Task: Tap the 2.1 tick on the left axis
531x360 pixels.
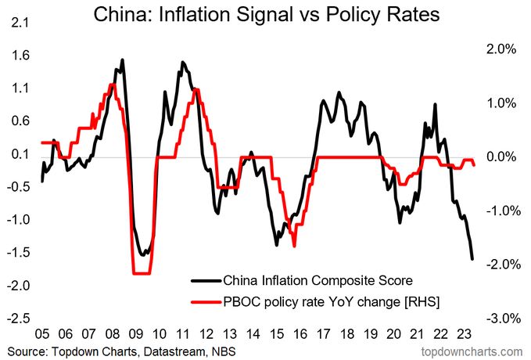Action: pos(16,23)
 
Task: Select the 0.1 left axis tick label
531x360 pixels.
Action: pos(16,155)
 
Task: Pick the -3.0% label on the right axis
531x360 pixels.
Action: pos(500,319)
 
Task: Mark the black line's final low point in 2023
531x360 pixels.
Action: pos(472,259)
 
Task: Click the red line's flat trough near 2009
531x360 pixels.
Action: pos(142,273)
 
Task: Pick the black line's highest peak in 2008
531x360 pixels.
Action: pos(122,59)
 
